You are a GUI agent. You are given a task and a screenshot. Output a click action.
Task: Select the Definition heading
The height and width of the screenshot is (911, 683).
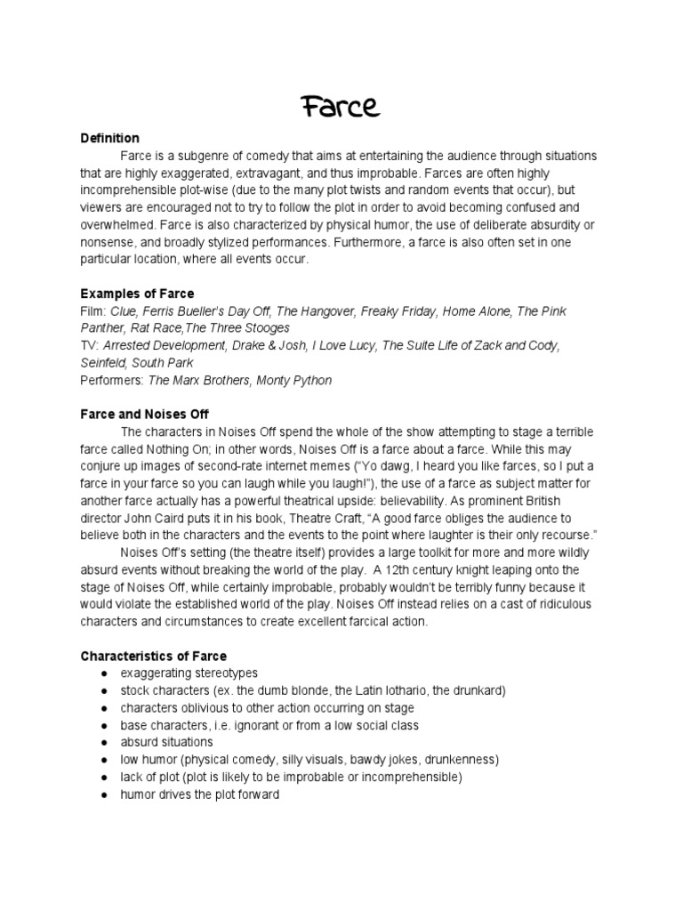[x=110, y=138]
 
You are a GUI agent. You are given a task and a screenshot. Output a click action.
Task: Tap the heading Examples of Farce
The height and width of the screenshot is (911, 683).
[x=137, y=294]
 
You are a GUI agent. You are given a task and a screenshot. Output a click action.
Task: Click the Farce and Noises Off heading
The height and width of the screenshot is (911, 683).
[x=145, y=415]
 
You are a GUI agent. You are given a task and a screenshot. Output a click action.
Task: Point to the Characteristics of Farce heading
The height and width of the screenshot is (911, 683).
[x=154, y=657]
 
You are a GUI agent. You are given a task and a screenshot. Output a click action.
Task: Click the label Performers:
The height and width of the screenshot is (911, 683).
[x=112, y=380]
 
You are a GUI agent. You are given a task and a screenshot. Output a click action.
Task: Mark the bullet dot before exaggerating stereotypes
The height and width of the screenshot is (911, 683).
[x=105, y=673]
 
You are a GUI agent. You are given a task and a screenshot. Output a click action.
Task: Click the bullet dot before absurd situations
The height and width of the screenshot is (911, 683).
[x=105, y=742]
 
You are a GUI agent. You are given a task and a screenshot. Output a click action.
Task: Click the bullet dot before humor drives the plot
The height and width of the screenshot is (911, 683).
[x=105, y=794]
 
